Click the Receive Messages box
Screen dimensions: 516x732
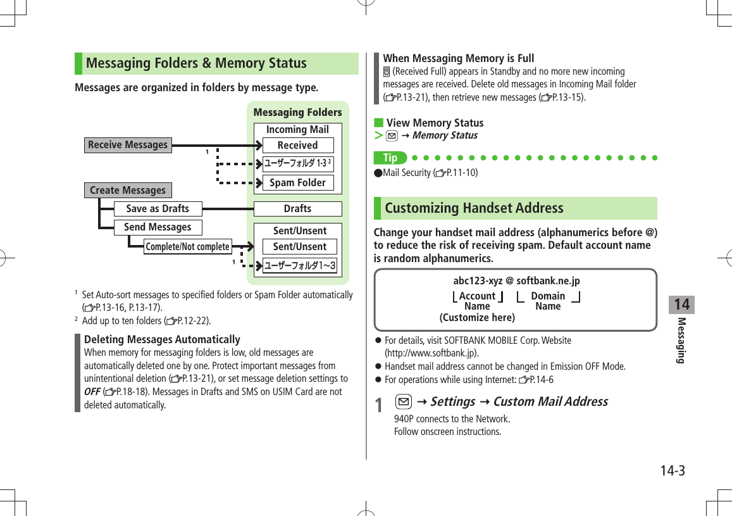[128, 145]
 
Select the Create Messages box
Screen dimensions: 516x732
[128, 191]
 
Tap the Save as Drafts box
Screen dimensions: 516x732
[158, 209]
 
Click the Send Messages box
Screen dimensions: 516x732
[158, 227]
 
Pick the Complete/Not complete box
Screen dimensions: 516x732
[187, 247]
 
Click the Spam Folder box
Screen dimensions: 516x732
[297, 183]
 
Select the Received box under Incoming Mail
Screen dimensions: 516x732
[297, 146]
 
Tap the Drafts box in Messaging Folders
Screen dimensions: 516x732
[297, 209]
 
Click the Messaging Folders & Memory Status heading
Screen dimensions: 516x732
[196, 63]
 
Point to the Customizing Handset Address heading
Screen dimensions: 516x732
[474, 208]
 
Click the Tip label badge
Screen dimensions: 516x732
[390, 158]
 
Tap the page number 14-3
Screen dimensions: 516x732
[673, 471]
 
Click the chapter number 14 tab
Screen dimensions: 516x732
[681, 305]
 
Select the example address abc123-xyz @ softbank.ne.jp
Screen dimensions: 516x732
[516, 281]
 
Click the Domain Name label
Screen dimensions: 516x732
[548, 301]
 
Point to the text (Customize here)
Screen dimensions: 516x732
[477, 317]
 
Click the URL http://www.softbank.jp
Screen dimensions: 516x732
[431, 353]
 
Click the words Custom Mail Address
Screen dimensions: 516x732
[550, 402]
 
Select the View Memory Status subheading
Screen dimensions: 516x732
[435, 123]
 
